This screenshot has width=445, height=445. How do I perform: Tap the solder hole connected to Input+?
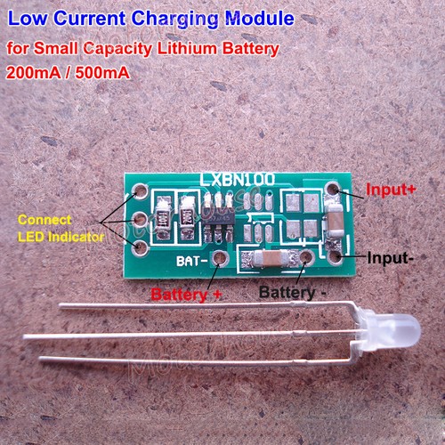pyautogui.click(x=333, y=190)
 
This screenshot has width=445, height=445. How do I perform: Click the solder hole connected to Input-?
pyautogui.click(x=334, y=255)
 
